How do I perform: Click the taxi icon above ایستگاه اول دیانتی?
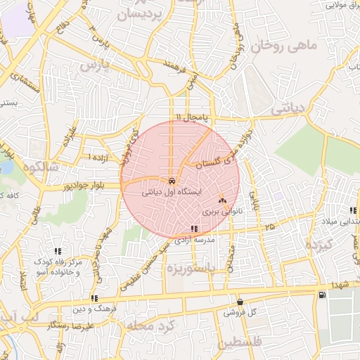[x=172, y=180]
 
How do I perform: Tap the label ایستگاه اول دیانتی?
[x=172, y=191]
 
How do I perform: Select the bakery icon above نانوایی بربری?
[x=222, y=200]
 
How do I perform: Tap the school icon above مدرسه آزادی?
[x=194, y=229]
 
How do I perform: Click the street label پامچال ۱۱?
[x=193, y=116]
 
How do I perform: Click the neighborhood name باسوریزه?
[x=190, y=268]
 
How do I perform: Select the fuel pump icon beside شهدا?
[x=322, y=294]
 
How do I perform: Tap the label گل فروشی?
[x=243, y=311]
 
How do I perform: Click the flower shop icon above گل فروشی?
[x=240, y=302]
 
